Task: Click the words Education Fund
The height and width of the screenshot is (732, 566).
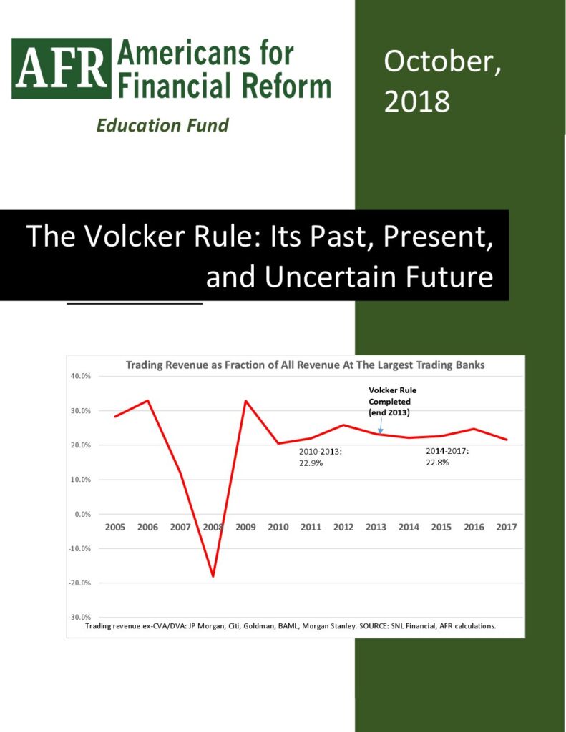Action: pos(162,125)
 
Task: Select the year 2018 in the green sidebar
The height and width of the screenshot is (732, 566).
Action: pos(417,102)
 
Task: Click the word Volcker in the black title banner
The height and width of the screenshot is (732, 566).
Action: pos(134,236)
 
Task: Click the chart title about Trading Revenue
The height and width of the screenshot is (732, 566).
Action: pos(306,365)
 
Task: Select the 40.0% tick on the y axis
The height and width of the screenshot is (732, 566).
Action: pos(80,376)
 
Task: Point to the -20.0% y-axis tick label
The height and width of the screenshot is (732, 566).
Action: pos(79,583)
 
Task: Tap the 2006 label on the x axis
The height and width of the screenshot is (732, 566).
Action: pos(147,527)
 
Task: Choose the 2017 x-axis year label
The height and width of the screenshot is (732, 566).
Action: pos(507,527)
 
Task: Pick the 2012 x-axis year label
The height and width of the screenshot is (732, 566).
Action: pos(343,527)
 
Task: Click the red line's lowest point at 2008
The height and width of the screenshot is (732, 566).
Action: pos(213,577)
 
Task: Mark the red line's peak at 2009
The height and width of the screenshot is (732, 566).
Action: pos(245,400)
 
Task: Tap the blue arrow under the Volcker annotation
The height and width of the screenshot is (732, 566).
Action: pos(381,425)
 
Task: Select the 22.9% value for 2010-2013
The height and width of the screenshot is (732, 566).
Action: pos(311,463)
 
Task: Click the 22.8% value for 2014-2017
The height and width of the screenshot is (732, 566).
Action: pos(437,463)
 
